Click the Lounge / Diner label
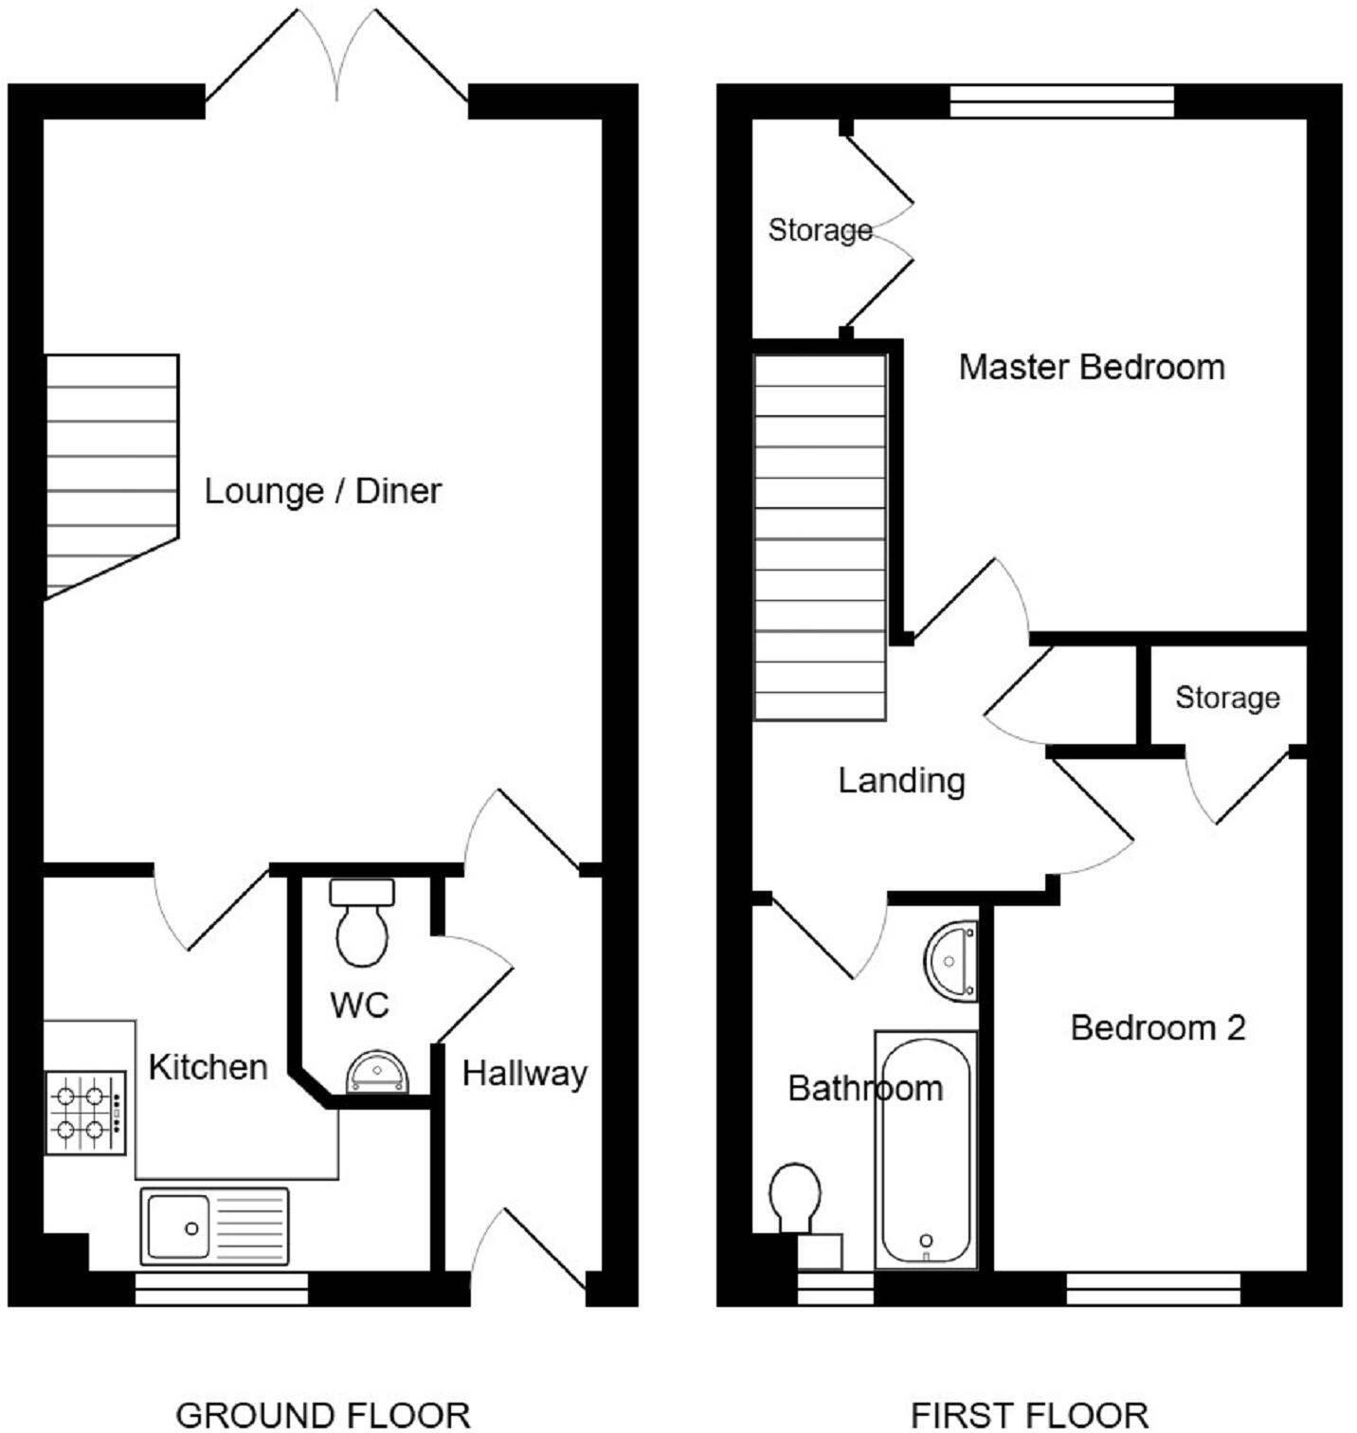pyautogui.click(x=323, y=491)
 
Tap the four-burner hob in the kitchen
pyautogui.click(x=85, y=1113)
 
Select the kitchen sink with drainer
pyautogui.click(x=214, y=1226)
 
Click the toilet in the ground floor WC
pyautogui.click(x=362, y=924)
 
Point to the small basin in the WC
pyautogui.click(x=377, y=1071)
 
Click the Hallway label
pyautogui.click(x=524, y=1074)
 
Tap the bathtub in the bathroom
pyautogui.click(x=926, y=1151)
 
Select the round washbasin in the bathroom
pyautogui.click(x=951, y=961)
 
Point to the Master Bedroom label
pyautogui.click(x=1092, y=367)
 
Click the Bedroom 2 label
pyautogui.click(x=1157, y=1027)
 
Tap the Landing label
pyautogui.click(x=901, y=781)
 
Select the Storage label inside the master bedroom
pyautogui.click(x=820, y=230)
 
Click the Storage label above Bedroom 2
pyautogui.click(x=1227, y=698)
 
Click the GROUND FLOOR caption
pyautogui.click(x=323, y=1415)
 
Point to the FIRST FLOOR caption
pyautogui.click(x=1029, y=1415)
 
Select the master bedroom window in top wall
pyautogui.click(x=1061, y=101)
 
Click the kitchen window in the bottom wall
pyautogui.click(x=221, y=1289)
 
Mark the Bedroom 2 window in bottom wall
pyautogui.click(x=1153, y=1289)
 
